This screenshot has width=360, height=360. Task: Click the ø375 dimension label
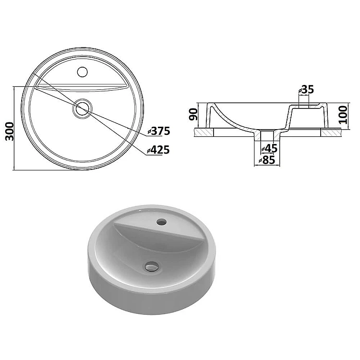(x=159, y=131)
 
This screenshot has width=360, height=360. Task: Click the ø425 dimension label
(x=158, y=150)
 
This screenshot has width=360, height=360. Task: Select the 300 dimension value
(x=10, y=132)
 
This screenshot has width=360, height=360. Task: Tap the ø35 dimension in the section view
(x=306, y=90)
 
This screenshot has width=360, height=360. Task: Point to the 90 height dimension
(x=193, y=115)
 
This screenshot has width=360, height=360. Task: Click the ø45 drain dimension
(x=269, y=148)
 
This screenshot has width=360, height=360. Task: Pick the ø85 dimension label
(x=267, y=160)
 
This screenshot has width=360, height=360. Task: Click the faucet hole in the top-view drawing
(x=83, y=72)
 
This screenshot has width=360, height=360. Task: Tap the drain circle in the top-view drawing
(x=83, y=108)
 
